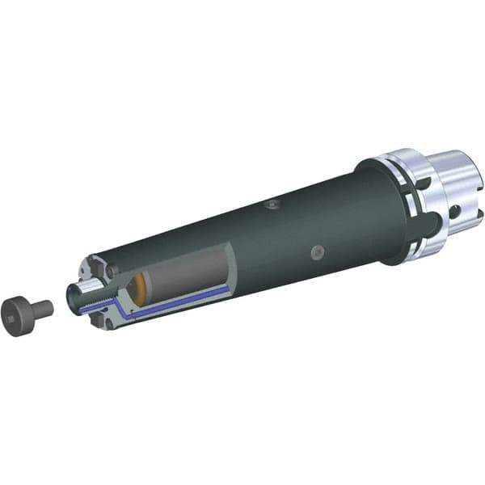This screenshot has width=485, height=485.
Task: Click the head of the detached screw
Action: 18,310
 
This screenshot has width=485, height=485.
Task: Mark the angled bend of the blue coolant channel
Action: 117,306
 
